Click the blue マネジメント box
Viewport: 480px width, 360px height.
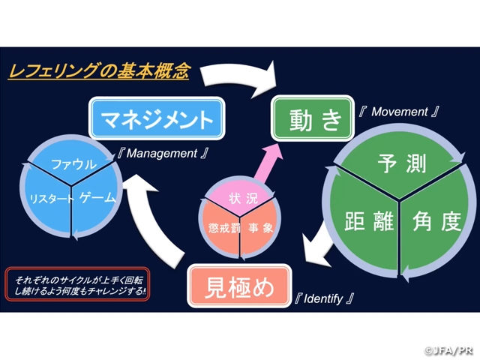pos(157,119)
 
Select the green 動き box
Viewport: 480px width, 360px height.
pos(311,119)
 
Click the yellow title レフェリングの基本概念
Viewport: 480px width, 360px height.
pos(98,73)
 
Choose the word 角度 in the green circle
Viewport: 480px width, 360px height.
pos(436,221)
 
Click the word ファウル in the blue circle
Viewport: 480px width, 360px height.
pos(73,163)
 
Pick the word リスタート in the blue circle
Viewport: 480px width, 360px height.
pos(50,199)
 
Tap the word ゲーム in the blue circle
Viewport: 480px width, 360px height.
pos(97,198)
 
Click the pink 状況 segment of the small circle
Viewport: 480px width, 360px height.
pos(238,199)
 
